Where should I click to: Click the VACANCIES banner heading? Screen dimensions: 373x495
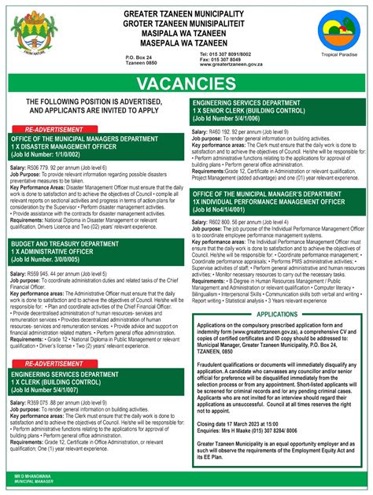tap(186, 83)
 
